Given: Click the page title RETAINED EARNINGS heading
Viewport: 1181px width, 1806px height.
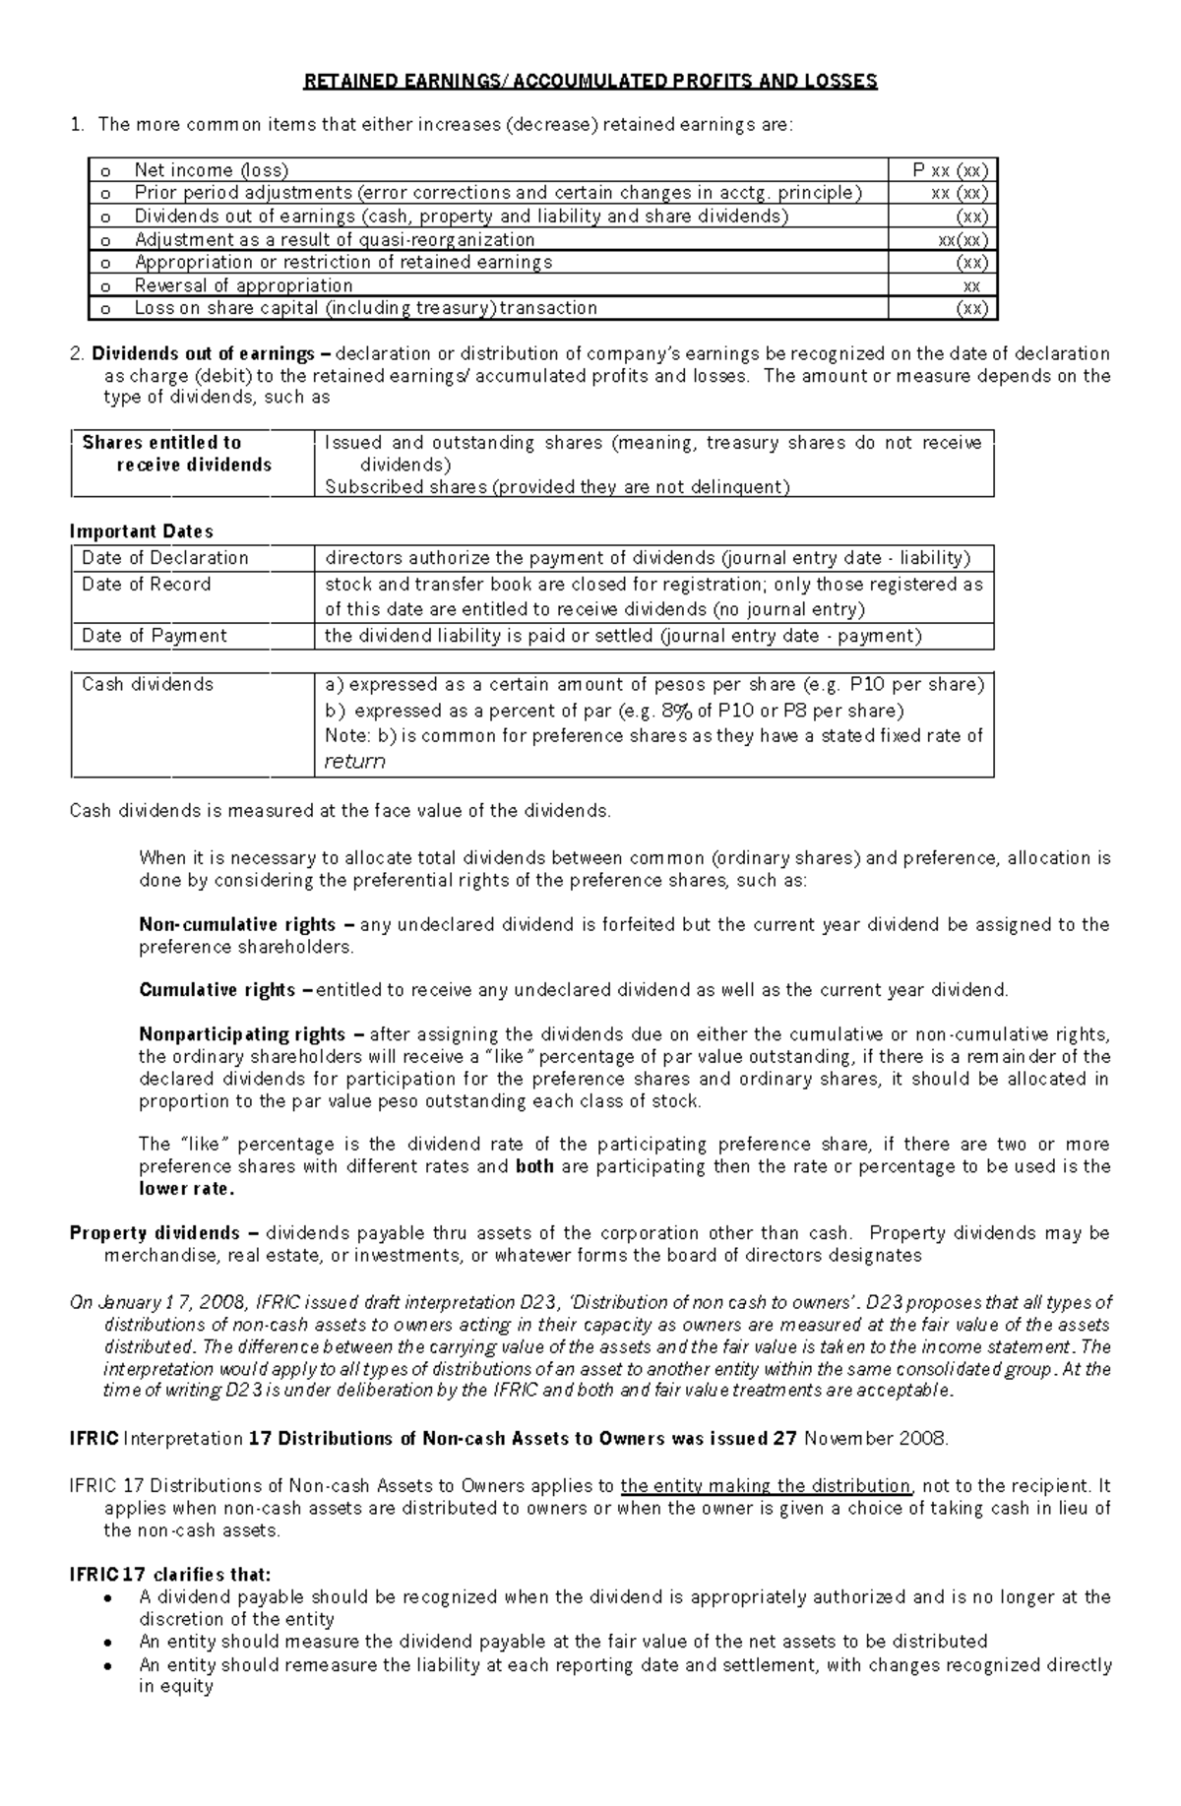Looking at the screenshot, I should [x=590, y=82].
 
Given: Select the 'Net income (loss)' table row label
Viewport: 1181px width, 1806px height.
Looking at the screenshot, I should [x=212, y=170].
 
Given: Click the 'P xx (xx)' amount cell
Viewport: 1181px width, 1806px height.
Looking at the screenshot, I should [x=950, y=170].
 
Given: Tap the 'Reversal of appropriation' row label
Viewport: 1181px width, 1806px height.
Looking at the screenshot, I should [x=243, y=285].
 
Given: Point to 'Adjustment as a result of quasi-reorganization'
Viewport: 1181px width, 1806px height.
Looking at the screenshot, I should [x=335, y=239].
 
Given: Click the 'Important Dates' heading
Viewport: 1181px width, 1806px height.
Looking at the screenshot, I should [x=142, y=531].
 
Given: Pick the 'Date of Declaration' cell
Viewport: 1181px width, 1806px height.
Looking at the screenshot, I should [x=165, y=558].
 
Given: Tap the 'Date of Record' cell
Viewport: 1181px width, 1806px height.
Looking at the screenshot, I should [x=147, y=585].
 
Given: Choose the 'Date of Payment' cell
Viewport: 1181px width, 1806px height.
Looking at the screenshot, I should [x=155, y=636].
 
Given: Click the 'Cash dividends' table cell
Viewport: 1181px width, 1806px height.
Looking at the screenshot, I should [x=148, y=684].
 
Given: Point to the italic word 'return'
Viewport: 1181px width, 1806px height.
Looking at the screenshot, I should [x=354, y=761].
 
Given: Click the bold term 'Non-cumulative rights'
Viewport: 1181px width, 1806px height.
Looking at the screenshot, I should [x=238, y=925].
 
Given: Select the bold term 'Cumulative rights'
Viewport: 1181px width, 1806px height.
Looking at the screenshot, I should [x=218, y=990].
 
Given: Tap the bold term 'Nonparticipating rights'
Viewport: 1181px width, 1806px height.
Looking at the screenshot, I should [x=243, y=1034].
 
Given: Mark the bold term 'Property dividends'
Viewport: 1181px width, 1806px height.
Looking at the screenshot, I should [x=155, y=1233].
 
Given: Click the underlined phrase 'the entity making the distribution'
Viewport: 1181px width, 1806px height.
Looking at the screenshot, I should [x=767, y=1486].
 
